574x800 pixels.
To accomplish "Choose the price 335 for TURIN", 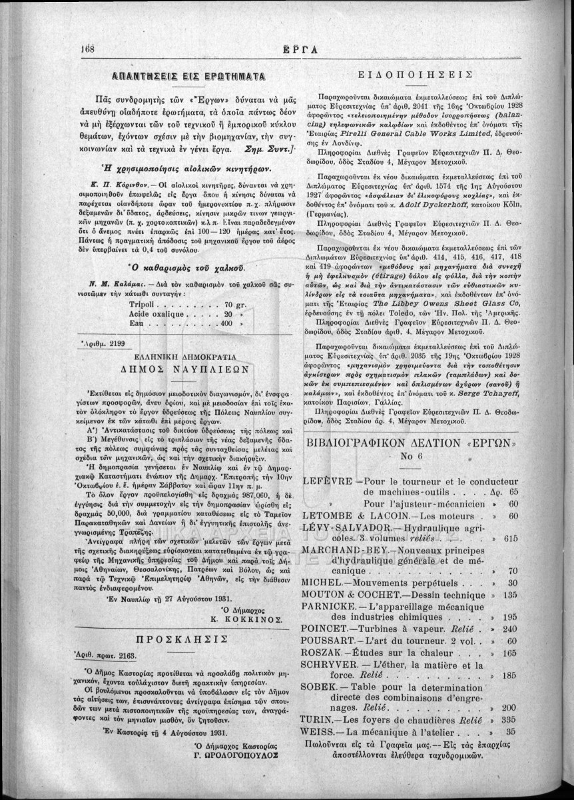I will point(511,720).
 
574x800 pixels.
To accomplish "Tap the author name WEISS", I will point(320,732).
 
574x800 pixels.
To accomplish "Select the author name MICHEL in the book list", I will point(322,582).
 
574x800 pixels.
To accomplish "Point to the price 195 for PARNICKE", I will point(511,617).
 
